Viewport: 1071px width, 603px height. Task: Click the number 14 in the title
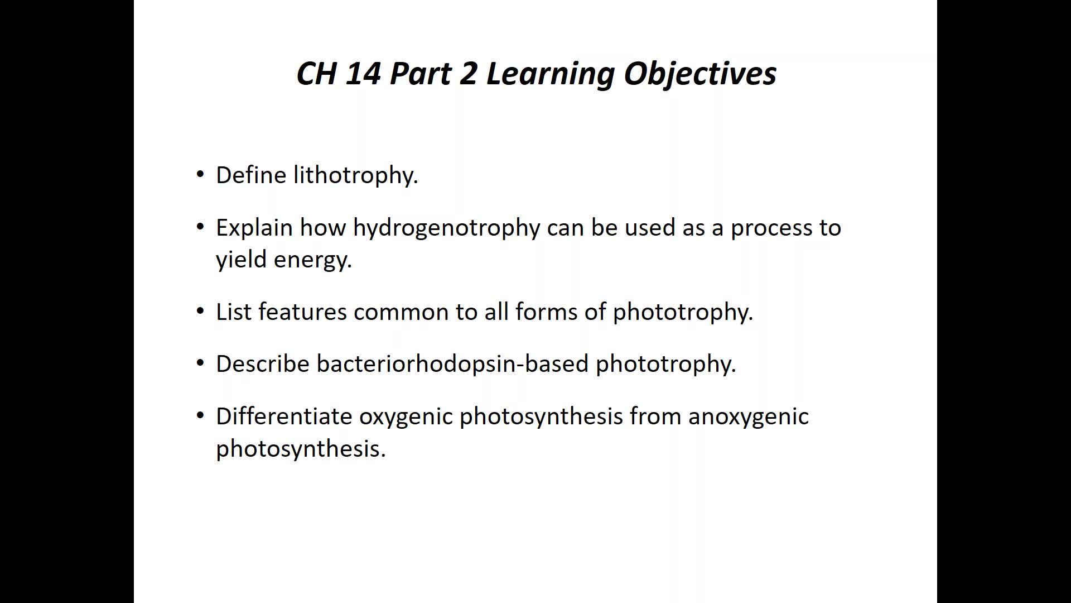(x=363, y=73)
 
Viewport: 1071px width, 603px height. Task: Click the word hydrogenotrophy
(x=447, y=228)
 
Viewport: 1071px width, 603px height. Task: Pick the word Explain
(x=254, y=228)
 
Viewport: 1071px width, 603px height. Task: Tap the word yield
(x=242, y=260)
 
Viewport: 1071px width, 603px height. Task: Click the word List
(x=234, y=312)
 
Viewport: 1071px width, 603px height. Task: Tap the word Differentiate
(x=284, y=416)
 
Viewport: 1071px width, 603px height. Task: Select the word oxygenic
(x=406, y=418)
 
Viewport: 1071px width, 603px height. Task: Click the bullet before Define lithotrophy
(x=201, y=175)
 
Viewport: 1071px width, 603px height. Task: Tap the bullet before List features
(x=201, y=312)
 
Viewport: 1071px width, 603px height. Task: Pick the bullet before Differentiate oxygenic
(x=201, y=416)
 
